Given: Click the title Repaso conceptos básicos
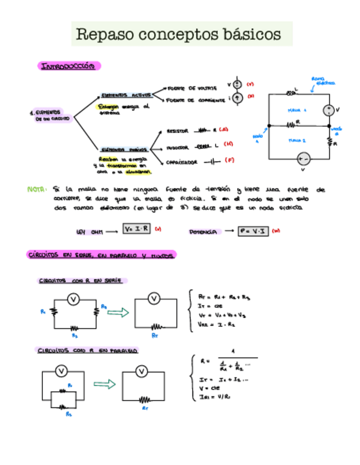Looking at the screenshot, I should pyautogui.click(x=178, y=34).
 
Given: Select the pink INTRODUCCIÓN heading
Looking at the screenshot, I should pyautogui.click(x=69, y=66).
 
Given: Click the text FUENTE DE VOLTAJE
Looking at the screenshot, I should pyautogui.click(x=192, y=88).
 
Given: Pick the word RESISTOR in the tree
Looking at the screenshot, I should pyautogui.click(x=177, y=131).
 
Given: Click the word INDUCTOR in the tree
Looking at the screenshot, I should pyautogui.click(x=177, y=148).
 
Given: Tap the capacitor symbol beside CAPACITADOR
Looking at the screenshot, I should pyautogui.click(x=211, y=162).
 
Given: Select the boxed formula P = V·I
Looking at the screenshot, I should pyautogui.click(x=254, y=231).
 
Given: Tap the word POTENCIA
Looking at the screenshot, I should pyautogui.click(x=203, y=232).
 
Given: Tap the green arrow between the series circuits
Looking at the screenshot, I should pyautogui.click(x=116, y=313).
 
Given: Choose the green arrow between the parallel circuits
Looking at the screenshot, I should pyautogui.click(x=104, y=384).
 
